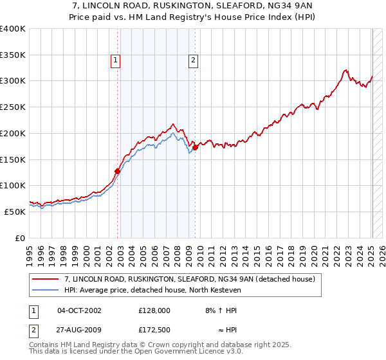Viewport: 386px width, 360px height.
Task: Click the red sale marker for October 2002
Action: click(118, 171)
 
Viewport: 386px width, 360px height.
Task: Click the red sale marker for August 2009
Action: click(195, 147)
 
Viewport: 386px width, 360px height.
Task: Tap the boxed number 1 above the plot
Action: click(115, 61)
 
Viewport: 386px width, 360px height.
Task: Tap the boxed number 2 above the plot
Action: click(192, 61)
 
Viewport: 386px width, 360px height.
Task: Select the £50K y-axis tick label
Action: click(15, 212)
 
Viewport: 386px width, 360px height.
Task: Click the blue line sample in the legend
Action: click(46, 290)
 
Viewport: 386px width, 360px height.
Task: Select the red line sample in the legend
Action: click(46, 279)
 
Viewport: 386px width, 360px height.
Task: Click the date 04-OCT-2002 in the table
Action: click(80, 310)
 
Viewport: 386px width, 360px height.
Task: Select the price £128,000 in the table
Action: click(154, 310)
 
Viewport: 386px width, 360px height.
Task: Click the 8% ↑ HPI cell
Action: click(221, 310)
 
